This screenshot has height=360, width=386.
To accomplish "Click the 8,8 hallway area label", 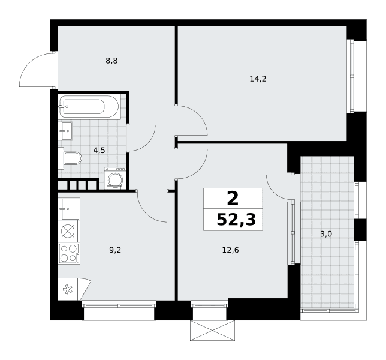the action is pyautogui.click(x=111, y=61).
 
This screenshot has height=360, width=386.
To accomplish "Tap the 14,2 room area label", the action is pyautogui.click(x=258, y=79).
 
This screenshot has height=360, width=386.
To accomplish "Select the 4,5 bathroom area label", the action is pyautogui.click(x=99, y=150).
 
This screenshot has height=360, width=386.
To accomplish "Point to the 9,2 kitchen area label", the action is pyautogui.click(x=115, y=250).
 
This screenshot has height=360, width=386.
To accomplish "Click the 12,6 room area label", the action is pyautogui.click(x=230, y=250).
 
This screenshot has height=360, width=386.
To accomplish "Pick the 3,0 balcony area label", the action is pyautogui.click(x=326, y=234).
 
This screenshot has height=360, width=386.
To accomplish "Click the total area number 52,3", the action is pyautogui.click(x=236, y=220).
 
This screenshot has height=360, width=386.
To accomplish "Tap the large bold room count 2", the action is pyautogui.click(x=233, y=199).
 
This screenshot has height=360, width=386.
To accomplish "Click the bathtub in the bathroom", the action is pyautogui.click(x=90, y=107).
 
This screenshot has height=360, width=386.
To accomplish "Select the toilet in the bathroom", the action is pyautogui.click(x=70, y=158).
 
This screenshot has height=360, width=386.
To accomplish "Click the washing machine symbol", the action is pyautogui.click(x=115, y=178).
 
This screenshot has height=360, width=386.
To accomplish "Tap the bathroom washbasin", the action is pyautogui.click(x=65, y=131).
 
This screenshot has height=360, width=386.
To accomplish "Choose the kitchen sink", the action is pyautogui.click(x=69, y=209).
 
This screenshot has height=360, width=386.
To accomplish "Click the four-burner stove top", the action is pyautogui.click(x=69, y=254).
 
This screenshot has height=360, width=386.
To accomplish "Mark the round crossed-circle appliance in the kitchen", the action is pyautogui.click(x=68, y=232).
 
